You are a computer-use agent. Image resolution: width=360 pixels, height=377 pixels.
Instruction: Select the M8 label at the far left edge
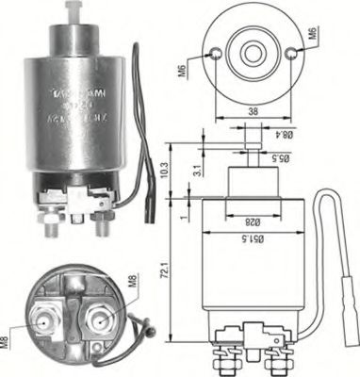7,334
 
